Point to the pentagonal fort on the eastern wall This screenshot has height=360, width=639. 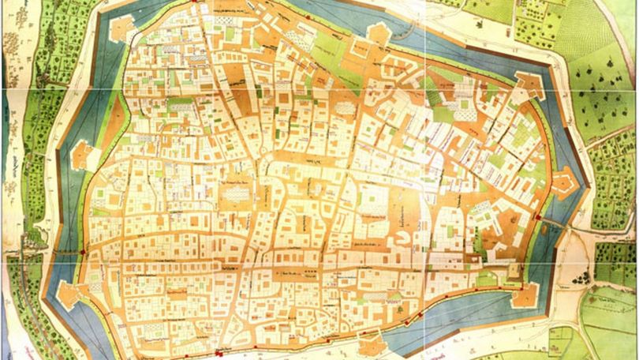pos(565,183)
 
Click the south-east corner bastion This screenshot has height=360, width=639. pos(524,295)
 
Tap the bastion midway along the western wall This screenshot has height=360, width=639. pos(82,156)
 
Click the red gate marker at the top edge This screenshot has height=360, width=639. pos(196,2)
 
